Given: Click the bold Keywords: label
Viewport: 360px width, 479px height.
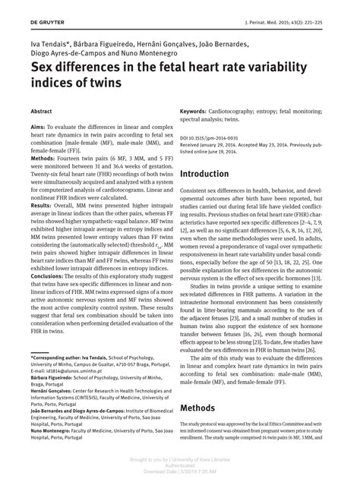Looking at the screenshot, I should [198, 112].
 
